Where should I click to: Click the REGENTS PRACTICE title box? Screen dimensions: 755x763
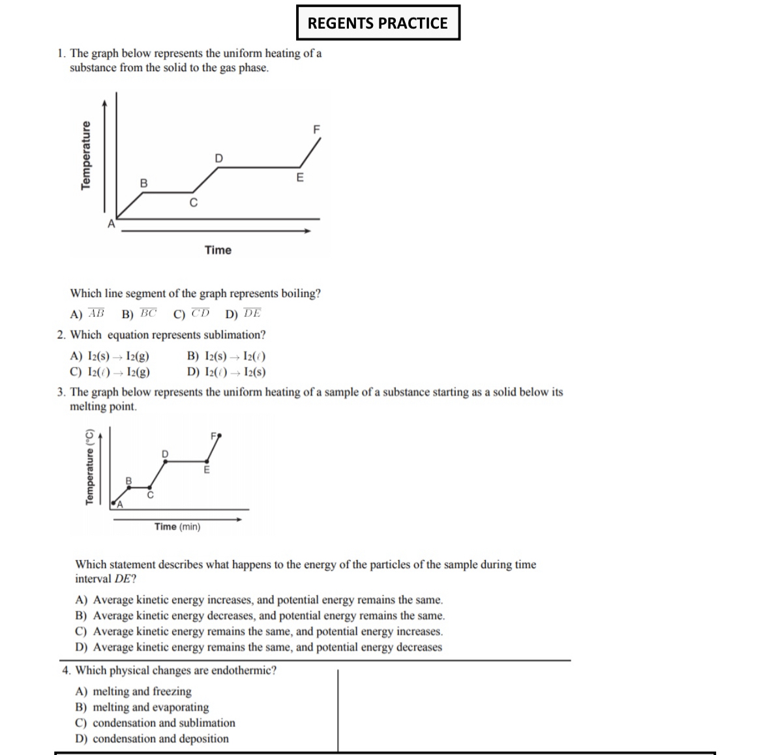coord(378,23)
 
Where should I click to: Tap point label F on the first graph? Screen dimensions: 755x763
coord(317,130)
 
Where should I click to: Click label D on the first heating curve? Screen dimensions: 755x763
coord(218,158)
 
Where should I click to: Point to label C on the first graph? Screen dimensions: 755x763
coord(193,203)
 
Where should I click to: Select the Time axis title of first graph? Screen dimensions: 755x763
coord(218,250)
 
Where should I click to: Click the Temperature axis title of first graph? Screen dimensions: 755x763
coord(85,156)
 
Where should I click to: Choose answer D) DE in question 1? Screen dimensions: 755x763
coord(243,314)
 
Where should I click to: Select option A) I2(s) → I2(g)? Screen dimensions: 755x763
coord(110,357)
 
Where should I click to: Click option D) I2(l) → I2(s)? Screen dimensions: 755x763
coord(226,372)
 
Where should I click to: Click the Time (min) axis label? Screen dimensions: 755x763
coord(177,527)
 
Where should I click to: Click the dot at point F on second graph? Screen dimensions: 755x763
coord(220,434)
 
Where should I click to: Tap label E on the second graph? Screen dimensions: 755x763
coord(207,469)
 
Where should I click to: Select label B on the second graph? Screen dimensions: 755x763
coord(128,481)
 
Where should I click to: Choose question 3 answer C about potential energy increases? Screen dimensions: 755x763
coord(259,631)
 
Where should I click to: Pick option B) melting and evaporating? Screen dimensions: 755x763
coord(142,707)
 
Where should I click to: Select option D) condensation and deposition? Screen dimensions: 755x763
coord(152,739)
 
